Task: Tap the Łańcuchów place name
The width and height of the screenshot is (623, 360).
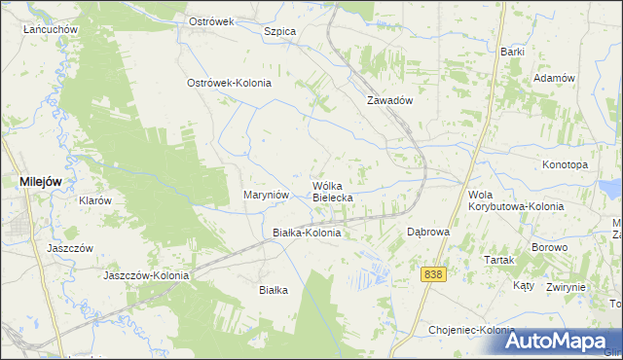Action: (51, 29)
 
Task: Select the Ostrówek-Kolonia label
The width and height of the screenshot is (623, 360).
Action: (229, 83)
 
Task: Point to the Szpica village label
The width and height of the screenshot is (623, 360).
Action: (279, 31)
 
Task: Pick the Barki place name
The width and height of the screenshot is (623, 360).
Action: (513, 51)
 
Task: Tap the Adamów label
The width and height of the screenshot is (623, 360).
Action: (555, 78)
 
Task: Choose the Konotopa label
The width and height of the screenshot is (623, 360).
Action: (566, 164)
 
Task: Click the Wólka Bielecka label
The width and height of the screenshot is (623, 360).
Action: (333, 191)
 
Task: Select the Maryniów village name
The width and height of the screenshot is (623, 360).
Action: (266, 195)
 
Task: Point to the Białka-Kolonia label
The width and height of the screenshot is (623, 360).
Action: (307, 234)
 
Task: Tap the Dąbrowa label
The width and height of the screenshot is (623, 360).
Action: (427, 233)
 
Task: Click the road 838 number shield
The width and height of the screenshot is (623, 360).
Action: (434, 275)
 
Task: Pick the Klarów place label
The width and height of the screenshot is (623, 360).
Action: (95, 200)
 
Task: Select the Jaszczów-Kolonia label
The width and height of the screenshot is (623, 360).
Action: (147, 275)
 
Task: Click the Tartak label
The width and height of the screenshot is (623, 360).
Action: (498, 260)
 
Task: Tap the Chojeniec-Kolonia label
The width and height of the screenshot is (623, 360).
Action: (471, 330)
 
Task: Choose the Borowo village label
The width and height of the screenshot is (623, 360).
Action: (549, 248)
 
